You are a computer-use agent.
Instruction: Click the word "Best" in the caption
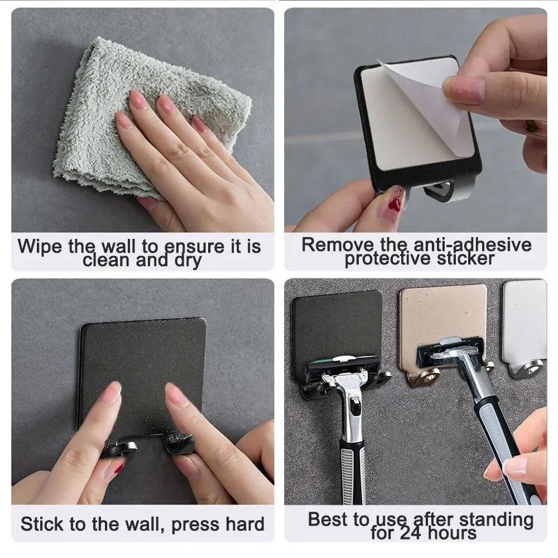click(x=329, y=519)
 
